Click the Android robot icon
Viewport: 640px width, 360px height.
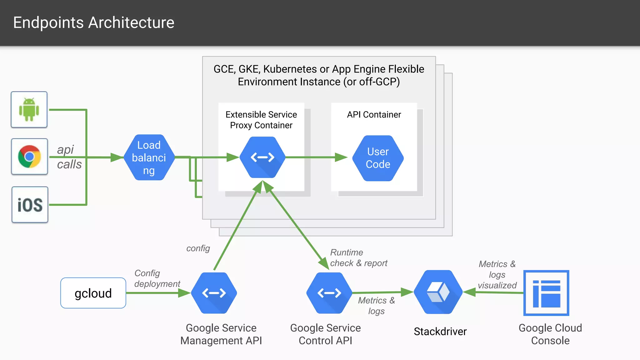click(x=29, y=109)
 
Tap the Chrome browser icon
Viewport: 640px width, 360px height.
click(x=29, y=156)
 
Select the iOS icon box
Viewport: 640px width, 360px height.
click(x=30, y=205)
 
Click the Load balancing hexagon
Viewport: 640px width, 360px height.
click(x=149, y=157)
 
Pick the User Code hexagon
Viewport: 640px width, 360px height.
click(x=378, y=158)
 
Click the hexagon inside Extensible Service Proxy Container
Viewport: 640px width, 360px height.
click(x=262, y=157)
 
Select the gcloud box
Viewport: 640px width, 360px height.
click(x=93, y=293)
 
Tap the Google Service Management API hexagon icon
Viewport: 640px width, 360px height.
click(x=214, y=293)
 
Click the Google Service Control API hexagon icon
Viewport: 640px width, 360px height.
click(x=329, y=293)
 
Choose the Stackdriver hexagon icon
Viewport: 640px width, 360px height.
click(x=438, y=292)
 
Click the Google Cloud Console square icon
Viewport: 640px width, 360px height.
click(x=546, y=293)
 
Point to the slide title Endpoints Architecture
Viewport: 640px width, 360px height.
click(x=94, y=22)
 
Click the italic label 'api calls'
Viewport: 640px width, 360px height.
click(x=69, y=157)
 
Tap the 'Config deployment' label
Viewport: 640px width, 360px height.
click(x=157, y=278)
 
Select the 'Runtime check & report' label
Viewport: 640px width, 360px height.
click(x=358, y=258)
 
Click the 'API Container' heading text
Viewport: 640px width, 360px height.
click(x=374, y=115)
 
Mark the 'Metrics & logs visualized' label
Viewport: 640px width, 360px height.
click(x=497, y=275)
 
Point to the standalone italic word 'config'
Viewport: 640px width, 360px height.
click(x=198, y=248)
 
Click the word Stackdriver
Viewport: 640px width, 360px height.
click(x=440, y=332)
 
